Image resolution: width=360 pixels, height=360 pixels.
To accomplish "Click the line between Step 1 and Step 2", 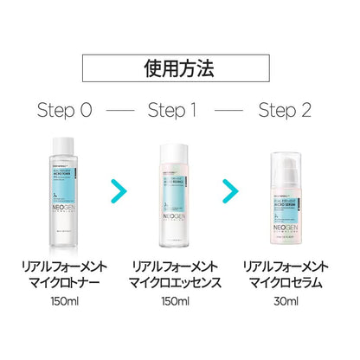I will pyautogui.click(x=236, y=112).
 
